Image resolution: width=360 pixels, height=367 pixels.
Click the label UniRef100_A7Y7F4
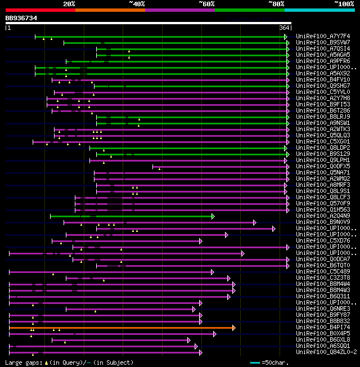coord(323,37)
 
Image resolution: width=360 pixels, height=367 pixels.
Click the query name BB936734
coord(21,18)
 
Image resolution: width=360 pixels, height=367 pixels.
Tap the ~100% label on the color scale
coord(344,3)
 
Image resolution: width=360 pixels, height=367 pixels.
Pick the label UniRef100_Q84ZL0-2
coord(326,352)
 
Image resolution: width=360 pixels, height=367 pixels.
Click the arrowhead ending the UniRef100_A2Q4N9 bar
coord(213,216)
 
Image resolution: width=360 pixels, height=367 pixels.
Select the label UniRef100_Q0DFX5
coord(323,167)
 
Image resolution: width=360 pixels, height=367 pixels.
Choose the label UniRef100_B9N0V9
coord(323,222)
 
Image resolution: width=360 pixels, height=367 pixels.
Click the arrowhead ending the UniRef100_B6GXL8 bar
coord(190,340)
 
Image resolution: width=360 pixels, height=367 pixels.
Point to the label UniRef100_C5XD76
coord(323,241)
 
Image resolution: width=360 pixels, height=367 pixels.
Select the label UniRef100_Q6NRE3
coord(323,309)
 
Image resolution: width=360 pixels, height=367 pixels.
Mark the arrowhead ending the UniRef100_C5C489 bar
coord(213,272)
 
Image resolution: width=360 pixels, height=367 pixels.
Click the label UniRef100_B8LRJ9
coord(323,117)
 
